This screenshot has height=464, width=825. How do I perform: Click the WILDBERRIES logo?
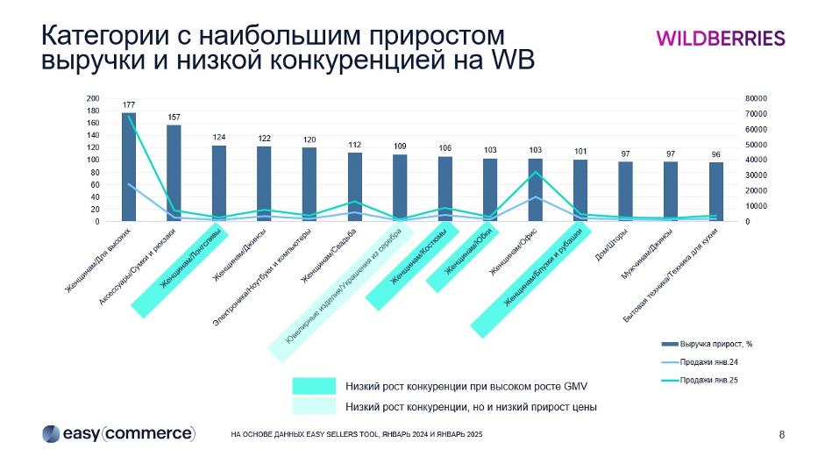pyautogui.click(x=720, y=38)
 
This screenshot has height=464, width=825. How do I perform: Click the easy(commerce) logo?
pyautogui.click(x=118, y=433)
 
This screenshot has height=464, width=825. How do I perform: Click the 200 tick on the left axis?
pyautogui.click(x=93, y=99)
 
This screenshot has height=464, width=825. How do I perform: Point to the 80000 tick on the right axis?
pyautogui.click(x=733, y=99)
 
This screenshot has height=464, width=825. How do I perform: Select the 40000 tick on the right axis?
pyautogui.click(x=733, y=161)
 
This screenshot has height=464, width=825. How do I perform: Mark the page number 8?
pyautogui.click(x=781, y=434)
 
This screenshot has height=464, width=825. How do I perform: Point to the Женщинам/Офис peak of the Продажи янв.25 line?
pyautogui.click(x=535, y=172)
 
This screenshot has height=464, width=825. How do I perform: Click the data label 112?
pyautogui.click(x=354, y=145)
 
